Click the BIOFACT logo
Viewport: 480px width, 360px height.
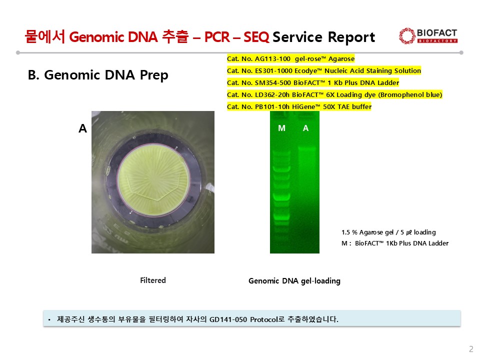428,36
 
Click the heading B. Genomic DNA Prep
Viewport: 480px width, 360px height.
98,75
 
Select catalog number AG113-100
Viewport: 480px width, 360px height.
272,59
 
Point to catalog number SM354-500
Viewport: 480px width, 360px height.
273,82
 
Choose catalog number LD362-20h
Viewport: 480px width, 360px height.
272,94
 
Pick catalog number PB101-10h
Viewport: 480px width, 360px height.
272,106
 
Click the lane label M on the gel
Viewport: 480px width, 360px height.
281,128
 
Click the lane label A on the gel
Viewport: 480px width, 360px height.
305,128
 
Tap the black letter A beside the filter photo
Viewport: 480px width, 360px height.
82,128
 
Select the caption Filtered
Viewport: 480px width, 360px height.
153,280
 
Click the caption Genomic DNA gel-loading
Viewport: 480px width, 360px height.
294,280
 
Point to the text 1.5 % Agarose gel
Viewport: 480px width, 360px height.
367,232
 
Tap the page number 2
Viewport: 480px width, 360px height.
471,349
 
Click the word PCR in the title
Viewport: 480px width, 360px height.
217,37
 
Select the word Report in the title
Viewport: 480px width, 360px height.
351,37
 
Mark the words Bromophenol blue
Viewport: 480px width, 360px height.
410,94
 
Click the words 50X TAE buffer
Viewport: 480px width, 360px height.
347,106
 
